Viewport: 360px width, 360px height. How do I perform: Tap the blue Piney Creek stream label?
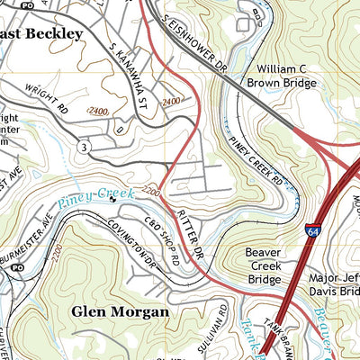pos(95,197)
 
